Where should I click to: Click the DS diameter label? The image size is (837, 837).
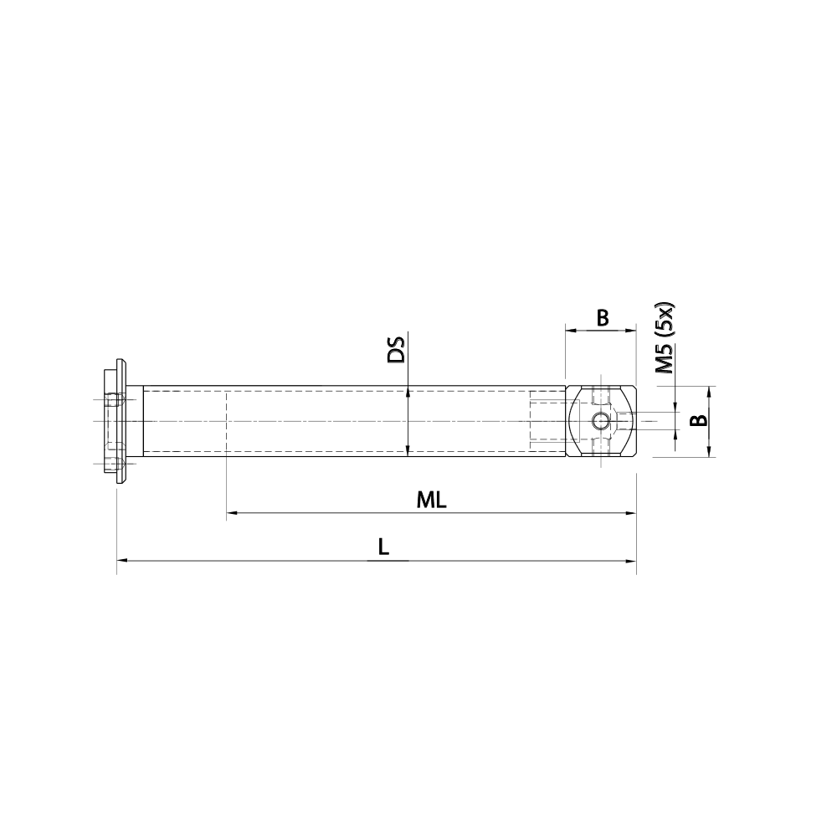click(x=396, y=350)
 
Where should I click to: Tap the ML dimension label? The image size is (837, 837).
click(x=432, y=501)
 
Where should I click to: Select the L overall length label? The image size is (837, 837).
click(x=383, y=547)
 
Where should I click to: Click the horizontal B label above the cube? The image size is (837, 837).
click(x=601, y=317)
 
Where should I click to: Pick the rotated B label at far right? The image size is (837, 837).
click(x=696, y=421)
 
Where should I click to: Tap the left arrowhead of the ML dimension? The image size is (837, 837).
click(x=231, y=512)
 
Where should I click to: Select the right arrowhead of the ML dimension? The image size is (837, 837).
click(x=632, y=512)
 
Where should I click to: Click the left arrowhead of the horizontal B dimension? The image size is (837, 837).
click(x=569, y=331)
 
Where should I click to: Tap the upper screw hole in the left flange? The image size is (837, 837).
click(x=115, y=401)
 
